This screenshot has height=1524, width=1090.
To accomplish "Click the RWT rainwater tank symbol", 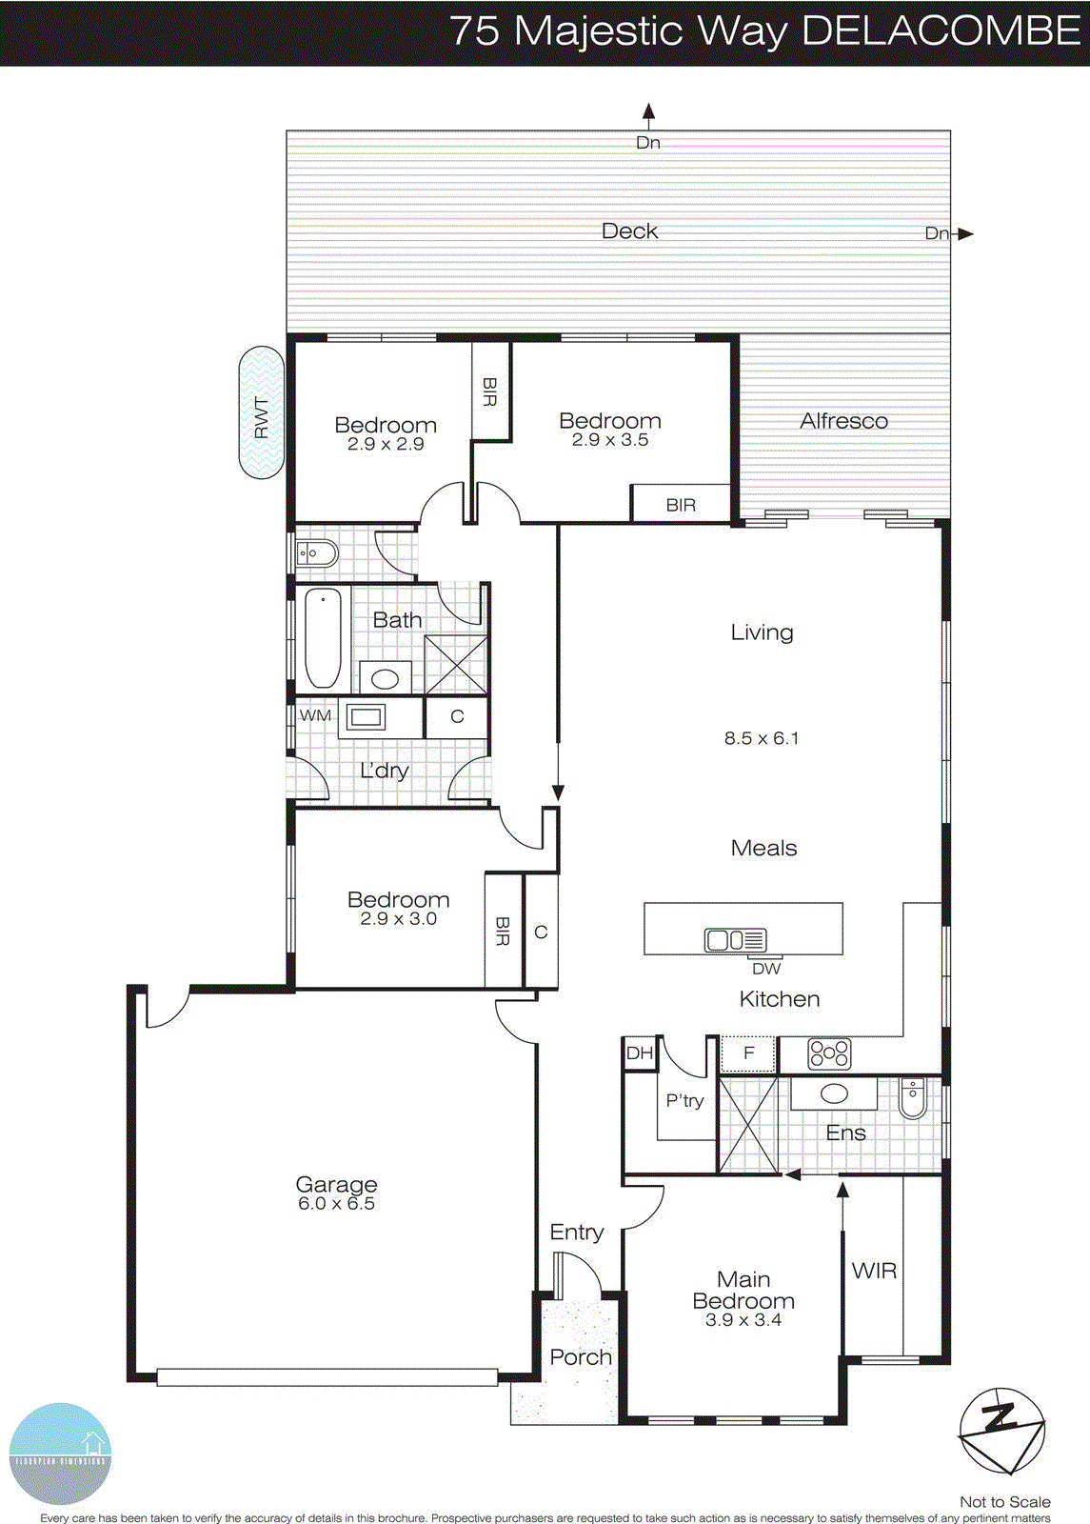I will (x=261, y=412).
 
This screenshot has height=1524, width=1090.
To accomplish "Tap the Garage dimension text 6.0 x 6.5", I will (x=336, y=1204).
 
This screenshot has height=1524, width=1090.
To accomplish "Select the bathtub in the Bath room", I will (x=323, y=638).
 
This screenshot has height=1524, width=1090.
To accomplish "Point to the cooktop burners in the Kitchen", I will (x=829, y=1053).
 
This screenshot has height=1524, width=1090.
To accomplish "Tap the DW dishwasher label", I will (x=766, y=969).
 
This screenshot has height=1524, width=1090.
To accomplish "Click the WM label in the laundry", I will (x=315, y=715).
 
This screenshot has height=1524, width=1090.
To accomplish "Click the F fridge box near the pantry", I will (x=748, y=1053).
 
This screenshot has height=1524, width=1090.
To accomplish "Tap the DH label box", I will (x=640, y=1053).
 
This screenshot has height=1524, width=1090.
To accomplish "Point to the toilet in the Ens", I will (x=912, y=1097).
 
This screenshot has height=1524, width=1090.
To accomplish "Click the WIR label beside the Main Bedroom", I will (x=874, y=1271).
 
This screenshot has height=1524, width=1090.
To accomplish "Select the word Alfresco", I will (x=843, y=421).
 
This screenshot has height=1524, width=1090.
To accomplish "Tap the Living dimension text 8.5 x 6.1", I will (x=762, y=738).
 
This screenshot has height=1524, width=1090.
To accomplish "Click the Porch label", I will (x=581, y=1357).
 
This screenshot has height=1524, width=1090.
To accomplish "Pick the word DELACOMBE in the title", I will (x=941, y=30).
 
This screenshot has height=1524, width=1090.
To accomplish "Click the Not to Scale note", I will (x=1004, y=1502).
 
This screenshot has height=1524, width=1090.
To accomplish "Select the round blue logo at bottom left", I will (x=60, y=1454).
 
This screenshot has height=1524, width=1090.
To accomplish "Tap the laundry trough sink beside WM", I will (x=365, y=716).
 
